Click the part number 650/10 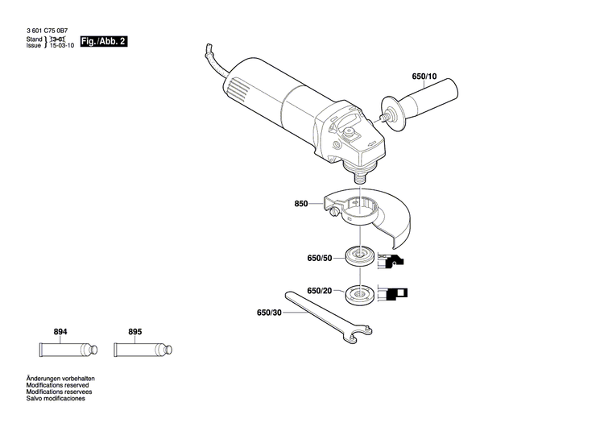coord(424,77)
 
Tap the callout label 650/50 coord(320,258)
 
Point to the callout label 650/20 coord(319,290)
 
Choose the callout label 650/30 coord(269,313)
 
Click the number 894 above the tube coord(60,332)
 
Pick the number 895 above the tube coord(134,332)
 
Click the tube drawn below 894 coord(67,350)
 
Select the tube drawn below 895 coord(142,350)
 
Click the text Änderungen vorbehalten coord(60,379)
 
